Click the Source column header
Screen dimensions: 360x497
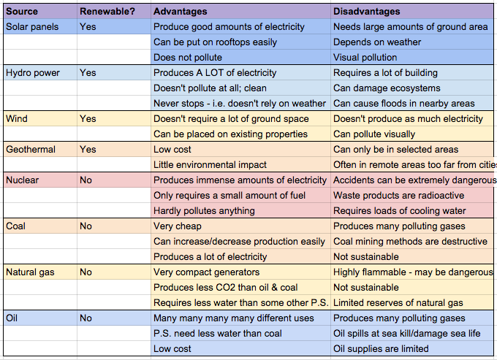[22, 12]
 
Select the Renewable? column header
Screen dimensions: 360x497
[106, 12]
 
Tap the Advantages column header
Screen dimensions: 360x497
[181, 12]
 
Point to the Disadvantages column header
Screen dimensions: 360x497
[367, 12]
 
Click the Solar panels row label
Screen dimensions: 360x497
[31, 26]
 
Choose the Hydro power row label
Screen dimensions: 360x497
[32, 73]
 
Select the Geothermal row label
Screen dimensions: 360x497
[31, 149]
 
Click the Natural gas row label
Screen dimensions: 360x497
[31, 272]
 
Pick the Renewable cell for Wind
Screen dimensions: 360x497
[88, 118]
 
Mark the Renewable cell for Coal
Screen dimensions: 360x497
[86, 226]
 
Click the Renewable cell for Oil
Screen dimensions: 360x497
[86, 318]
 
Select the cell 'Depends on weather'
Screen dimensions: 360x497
[377, 42]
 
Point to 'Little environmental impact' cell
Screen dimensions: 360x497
[210, 165]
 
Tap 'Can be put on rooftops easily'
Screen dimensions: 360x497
[215, 42]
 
